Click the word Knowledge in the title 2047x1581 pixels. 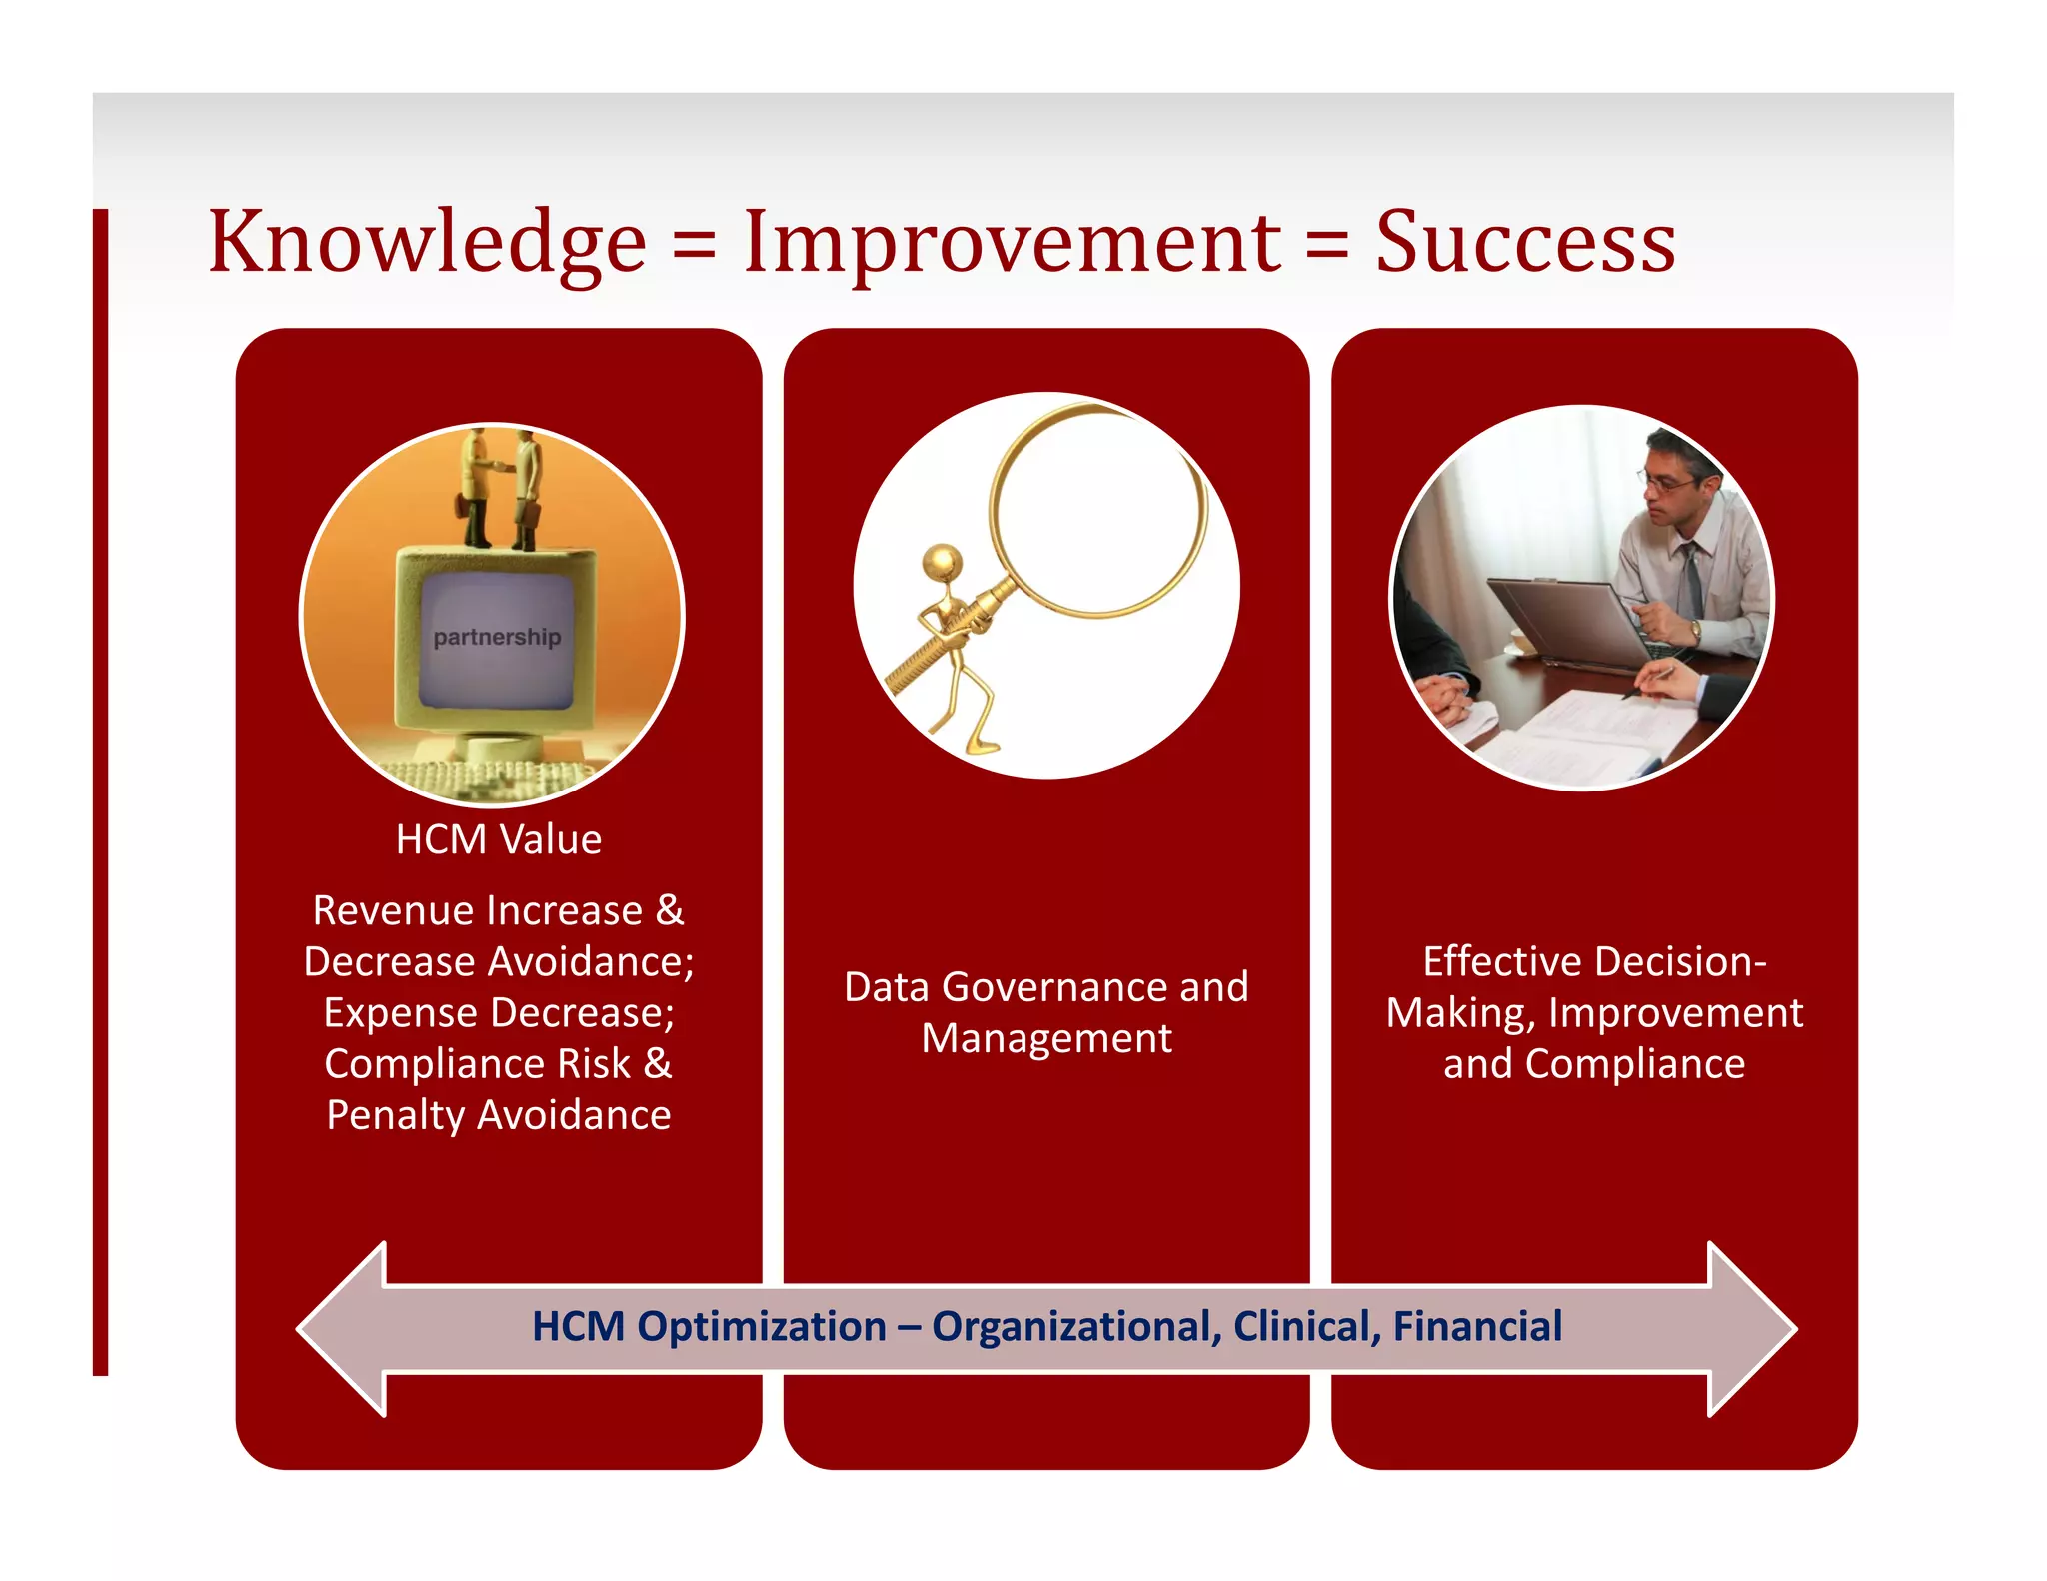coord(427,243)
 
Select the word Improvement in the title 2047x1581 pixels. coord(1012,243)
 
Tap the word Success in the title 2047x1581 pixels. coord(1525,243)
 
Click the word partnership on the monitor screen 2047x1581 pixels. coord(497,637)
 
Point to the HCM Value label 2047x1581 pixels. coord(499,839)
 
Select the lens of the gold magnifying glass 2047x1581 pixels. coord(1097,510)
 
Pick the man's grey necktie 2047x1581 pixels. coord(1691,580)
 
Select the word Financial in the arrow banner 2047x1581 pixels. coord(1477,1327)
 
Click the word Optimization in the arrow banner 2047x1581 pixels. coord(762,1327)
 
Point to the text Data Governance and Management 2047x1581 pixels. coord(1046,1012)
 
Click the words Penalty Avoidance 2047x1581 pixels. coord(499,1115)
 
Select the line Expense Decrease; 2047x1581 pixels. coord(499,1013)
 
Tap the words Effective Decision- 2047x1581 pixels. coord(1594,961)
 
